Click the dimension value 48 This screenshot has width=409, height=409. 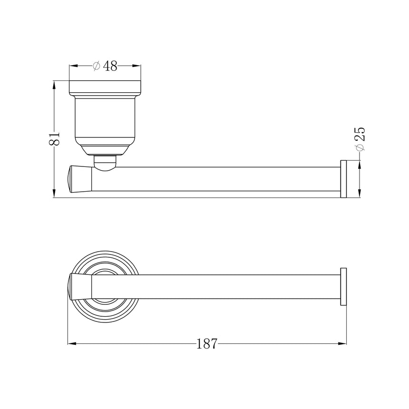(x=110, y=66)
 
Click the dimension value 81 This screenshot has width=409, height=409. (x=55, y=138)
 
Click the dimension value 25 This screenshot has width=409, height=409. (x=360, y=134)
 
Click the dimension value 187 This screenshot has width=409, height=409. (x=206, y=344)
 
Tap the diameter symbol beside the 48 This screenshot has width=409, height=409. (x=96, y=66)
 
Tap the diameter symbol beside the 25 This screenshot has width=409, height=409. (x=360, y=147)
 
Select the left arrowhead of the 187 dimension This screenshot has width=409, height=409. (x=72, y=343)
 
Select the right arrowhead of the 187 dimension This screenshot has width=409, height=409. (x=342, y=343)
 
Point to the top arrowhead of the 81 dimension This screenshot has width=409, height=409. (x=54, y=85)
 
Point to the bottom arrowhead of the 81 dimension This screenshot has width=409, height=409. (x=54, y=193)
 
